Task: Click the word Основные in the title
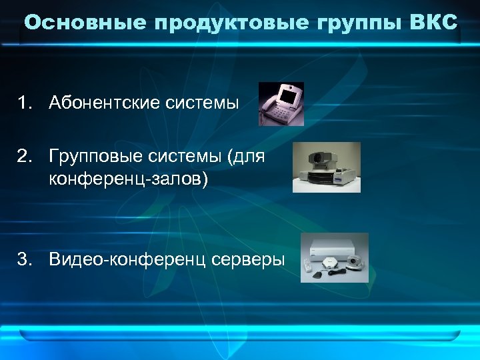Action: [85, 23]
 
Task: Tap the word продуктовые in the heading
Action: [231, 23]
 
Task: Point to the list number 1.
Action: [25, 104]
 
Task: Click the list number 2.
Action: [25, 157]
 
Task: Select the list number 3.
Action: [25, 259]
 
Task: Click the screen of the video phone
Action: [289, 97]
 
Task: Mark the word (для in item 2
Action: [246, 157]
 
